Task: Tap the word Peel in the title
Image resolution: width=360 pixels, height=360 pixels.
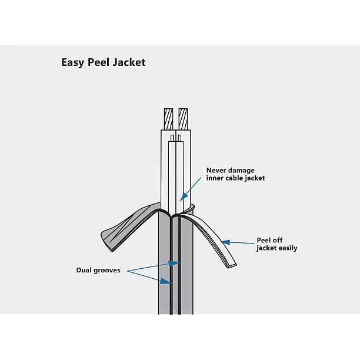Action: [x=99, y=62]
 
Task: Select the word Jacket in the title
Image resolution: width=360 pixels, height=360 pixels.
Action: [x=129, y=62]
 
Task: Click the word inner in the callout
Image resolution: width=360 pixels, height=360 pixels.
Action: [x=215, y=178]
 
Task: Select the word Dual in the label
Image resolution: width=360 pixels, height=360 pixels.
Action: [x=85, y=271]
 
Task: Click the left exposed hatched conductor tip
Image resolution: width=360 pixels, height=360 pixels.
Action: [x=169, y=119]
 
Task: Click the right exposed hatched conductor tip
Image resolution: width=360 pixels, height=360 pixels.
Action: [x=184, y=119]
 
